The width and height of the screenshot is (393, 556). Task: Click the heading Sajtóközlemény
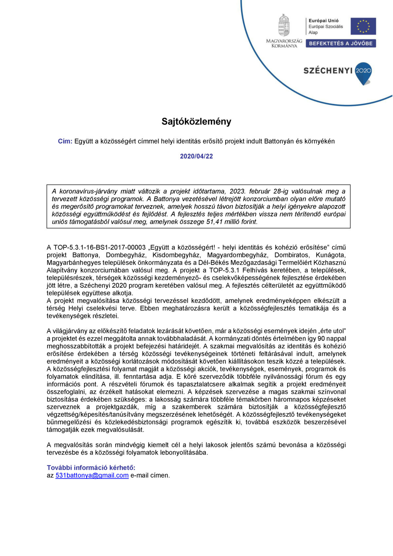(x=196, y=122)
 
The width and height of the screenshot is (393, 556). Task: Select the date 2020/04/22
(x=196, y=156)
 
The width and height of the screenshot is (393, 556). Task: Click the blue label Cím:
(x=65, y=141)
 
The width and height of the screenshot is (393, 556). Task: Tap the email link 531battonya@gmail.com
(x=92, y=475)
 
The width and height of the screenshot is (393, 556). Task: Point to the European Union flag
(x=363, y=26)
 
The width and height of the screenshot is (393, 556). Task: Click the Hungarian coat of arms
(x=284, y=25)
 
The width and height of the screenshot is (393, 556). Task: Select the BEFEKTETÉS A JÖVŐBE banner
(x=341, y=43)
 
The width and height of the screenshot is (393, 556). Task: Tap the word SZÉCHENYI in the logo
(x=328, y=70)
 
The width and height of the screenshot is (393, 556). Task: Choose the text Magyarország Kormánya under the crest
(x=284, y=43)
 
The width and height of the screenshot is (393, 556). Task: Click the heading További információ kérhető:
(x=91, y=468)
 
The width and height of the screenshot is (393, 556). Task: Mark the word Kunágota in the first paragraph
(x=331, y=255)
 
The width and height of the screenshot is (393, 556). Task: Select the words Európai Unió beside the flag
(x=323, y=21)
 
